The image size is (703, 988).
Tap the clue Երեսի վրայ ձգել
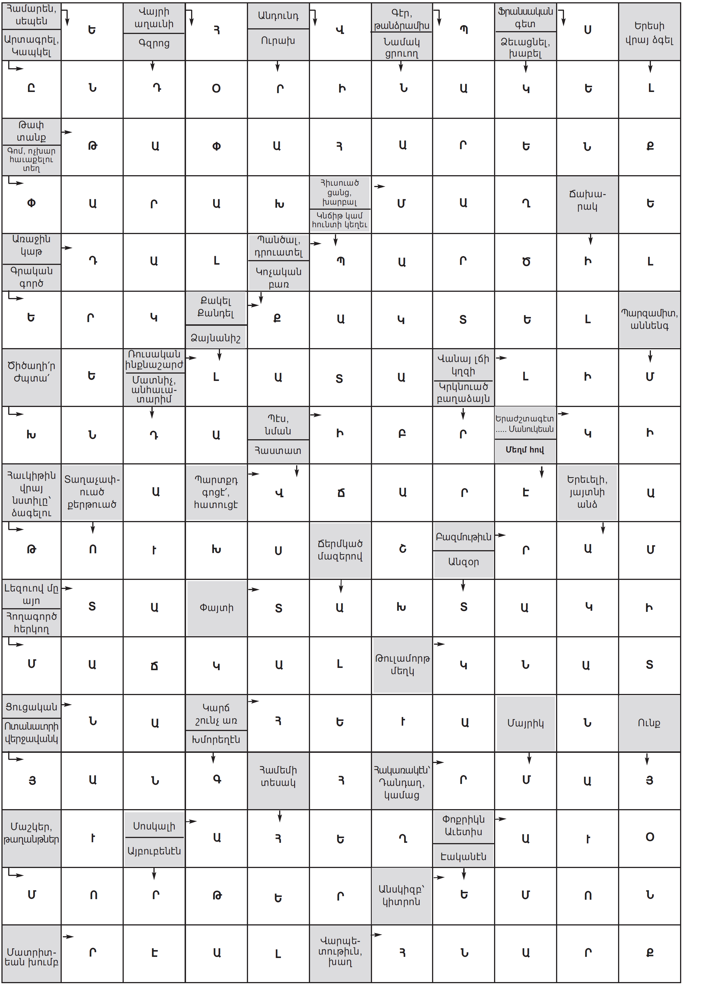(649, 33)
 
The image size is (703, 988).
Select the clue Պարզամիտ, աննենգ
(649, 319)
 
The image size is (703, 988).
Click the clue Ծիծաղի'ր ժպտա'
(31, 372)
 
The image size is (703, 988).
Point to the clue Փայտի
(216, 608)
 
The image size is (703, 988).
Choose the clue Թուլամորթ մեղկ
(402, 665)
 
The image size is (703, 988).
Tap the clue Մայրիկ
(525, 723)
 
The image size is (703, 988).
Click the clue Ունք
(649, 723)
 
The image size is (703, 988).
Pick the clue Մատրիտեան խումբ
(31, 957)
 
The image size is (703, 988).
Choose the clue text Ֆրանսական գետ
(525, 17)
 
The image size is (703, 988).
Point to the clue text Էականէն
(463, 856)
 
